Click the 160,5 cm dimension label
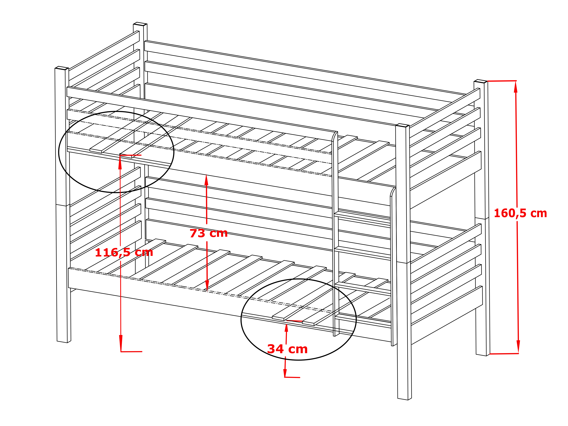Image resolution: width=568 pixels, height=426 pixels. tap(520, 213)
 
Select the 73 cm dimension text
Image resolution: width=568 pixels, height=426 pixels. tap(209, 233)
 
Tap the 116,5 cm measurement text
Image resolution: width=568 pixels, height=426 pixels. tap(124, 253)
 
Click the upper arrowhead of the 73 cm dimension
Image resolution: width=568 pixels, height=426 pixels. tap(206, 180)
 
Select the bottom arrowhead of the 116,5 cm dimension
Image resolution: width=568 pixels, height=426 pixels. tap(121, 343)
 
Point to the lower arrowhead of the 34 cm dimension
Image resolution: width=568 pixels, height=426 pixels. tap(285, 373)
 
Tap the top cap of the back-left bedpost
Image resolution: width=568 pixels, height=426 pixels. tap(140, 24)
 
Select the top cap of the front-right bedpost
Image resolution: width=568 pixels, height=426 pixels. tap(402, 125)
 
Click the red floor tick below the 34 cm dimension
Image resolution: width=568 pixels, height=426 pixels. tap(292, 377)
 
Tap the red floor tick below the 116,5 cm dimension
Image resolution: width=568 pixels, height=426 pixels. tap(131, 352)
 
